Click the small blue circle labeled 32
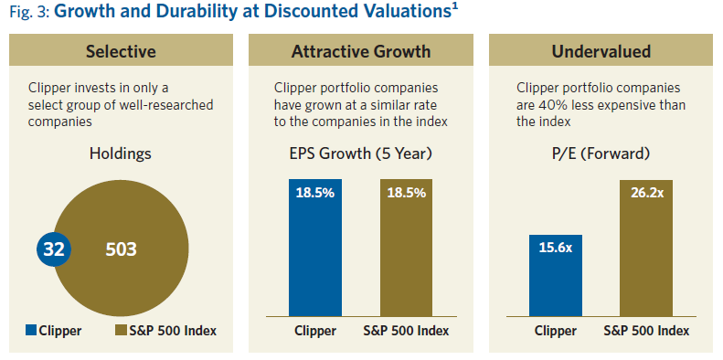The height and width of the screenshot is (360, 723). click(x=53, y=249)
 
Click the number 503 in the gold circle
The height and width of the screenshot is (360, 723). click(x=122, y=249)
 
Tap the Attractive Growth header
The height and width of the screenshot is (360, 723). click(x=360, y=51)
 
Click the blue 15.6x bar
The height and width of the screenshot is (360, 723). click(x=555, y=279)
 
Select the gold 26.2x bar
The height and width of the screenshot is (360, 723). click(x=646, y=256)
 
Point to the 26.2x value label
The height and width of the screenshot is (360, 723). click(x=646, y=194)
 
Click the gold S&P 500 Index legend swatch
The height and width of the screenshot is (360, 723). click(x=121, y=331)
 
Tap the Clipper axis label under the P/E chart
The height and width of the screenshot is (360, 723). click(x=555, y=331)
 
